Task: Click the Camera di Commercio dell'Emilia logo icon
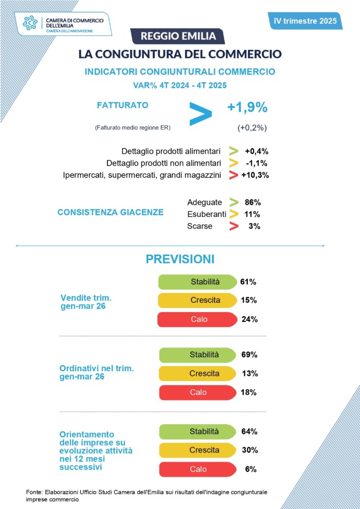[31, 23]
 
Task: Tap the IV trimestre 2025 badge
[305, 21]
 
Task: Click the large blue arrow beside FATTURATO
[200, 114]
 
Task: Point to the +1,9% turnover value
[247, 107]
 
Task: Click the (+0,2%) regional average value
[252, 128]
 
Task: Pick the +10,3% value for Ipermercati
[255, 175]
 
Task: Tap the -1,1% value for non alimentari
[257, 163]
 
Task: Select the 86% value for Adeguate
[253, 202]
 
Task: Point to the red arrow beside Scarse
[234, 226]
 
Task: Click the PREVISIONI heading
[180, 259]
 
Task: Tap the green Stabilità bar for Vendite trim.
[196, 282]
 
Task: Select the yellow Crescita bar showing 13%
[197, 373]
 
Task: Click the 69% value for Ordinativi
[249, 355]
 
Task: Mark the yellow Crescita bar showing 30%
[197, 450]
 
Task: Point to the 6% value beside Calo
[250, 469]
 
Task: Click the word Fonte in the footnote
[34, 492]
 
